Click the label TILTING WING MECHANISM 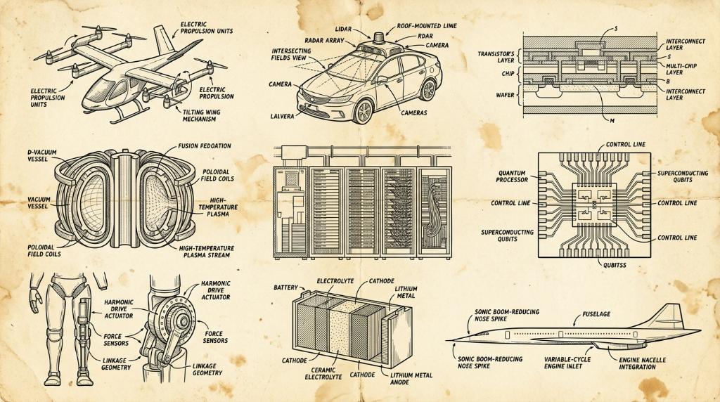point(201,115)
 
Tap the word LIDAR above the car point(343,29)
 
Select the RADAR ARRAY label point(324,40)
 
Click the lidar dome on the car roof point(379,38)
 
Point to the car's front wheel point(364,112)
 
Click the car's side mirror point(382,79)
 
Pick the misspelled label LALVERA point(282,116)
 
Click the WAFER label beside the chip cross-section point(505,95)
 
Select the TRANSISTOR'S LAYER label point(496,57)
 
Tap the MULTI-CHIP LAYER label point(681,69)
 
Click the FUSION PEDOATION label point(205,146)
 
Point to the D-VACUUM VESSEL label point(42,155)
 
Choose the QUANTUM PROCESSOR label point(512,176)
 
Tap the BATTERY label point(285,287)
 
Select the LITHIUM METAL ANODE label point(411,378)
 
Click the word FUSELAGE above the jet point(596,314)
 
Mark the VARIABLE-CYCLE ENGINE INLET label point(567,363)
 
